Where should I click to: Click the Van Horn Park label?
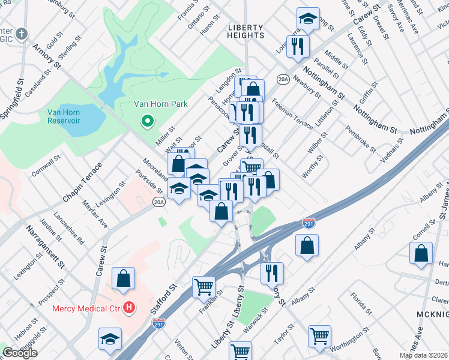pyautogui.click(x=160, y=104)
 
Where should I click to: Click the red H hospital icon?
pyautogui.click(x=128, y=308)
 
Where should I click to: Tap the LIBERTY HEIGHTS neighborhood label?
pyautogui.click(x=246, y=31)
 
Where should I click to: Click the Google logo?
pyautogui.click(x=20, y=353)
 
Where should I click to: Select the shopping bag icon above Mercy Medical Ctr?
pyautogui.click(x=123, y=278)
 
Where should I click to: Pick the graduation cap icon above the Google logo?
pyautogui.click(x=110, y=339)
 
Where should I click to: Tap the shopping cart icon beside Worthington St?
pyautogui.click(x=319, y=335)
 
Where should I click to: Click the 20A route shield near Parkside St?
pyautogui.click(x=158, y=202)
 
